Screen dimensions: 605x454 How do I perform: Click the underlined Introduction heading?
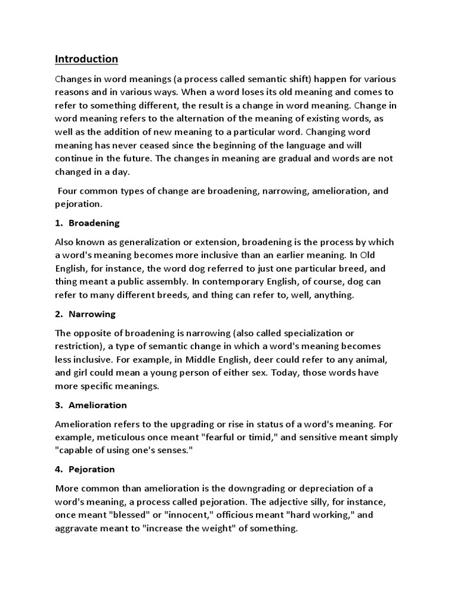coord(86,59)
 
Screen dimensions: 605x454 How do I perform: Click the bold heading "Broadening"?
coord(94,223)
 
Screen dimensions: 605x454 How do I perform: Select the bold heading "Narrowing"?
coord(92,314)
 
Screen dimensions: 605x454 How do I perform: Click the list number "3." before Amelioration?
coord(59,405)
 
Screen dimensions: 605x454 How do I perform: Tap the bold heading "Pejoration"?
coord(92,469)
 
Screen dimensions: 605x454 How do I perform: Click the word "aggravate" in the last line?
coord(76,528)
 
